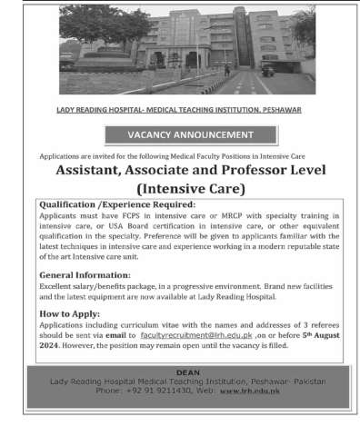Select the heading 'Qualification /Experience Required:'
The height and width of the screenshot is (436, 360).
(112, 205)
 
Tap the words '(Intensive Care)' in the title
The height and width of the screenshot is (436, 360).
(189, 189)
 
